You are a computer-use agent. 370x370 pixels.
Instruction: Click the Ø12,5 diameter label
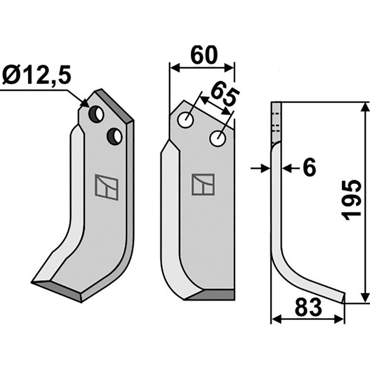(37, 75)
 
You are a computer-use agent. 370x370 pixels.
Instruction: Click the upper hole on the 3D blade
(97, 114)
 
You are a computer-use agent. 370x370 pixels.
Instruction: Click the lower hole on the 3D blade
(114, 136)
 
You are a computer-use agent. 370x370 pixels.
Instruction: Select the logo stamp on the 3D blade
(107, 187)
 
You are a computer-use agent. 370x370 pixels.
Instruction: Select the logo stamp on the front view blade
(203, 185)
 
